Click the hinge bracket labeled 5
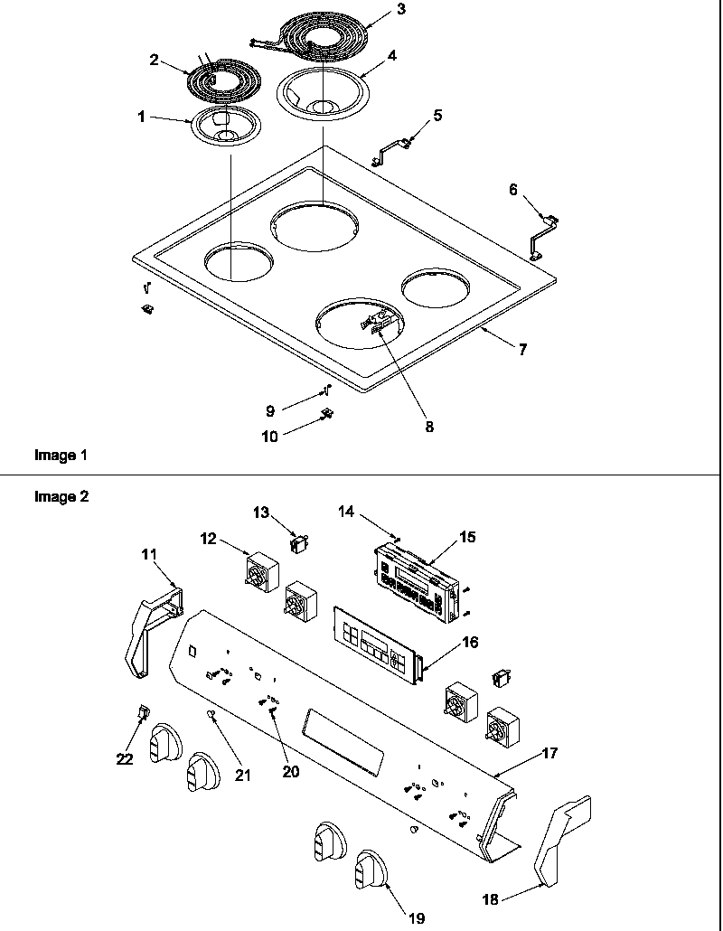391,148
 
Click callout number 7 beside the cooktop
522,350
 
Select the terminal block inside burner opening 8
379,323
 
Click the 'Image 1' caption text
61,456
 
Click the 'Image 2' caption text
61,496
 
